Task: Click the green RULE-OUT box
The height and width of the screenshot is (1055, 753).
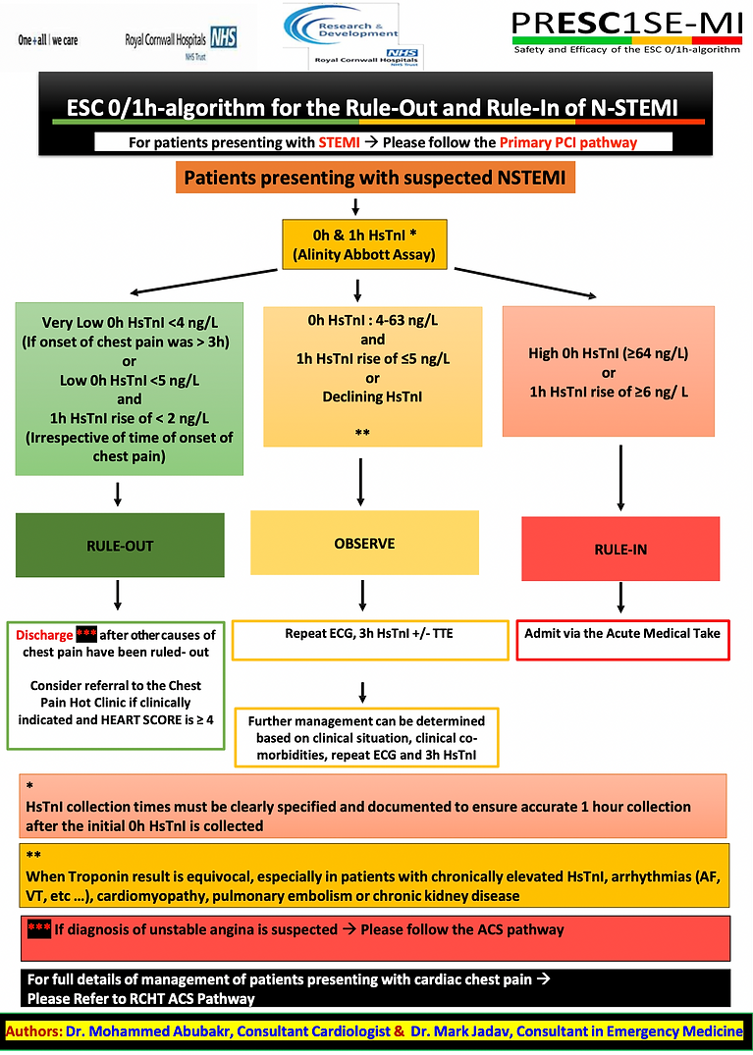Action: [x=118, y=546]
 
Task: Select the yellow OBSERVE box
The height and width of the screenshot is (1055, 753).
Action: [x=364, y=543]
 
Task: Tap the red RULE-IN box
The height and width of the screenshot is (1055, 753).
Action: [x=620, y=550]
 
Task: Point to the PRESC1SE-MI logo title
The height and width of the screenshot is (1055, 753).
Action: [x=627, y=24]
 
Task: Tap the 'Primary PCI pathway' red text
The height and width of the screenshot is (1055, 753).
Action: [x=568, y=142]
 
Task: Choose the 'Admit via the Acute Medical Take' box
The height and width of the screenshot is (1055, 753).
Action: [x=622, y=633]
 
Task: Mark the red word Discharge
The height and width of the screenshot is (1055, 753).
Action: [x=42, y=634]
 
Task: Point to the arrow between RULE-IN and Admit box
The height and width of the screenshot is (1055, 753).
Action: [x=620, y=598]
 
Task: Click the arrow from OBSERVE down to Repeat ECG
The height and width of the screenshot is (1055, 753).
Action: [x=364, y=595]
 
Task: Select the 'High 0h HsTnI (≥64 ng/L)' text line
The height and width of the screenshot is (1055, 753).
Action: [x=609, y=354]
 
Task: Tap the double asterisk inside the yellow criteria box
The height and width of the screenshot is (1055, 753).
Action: [x=363, y=433]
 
